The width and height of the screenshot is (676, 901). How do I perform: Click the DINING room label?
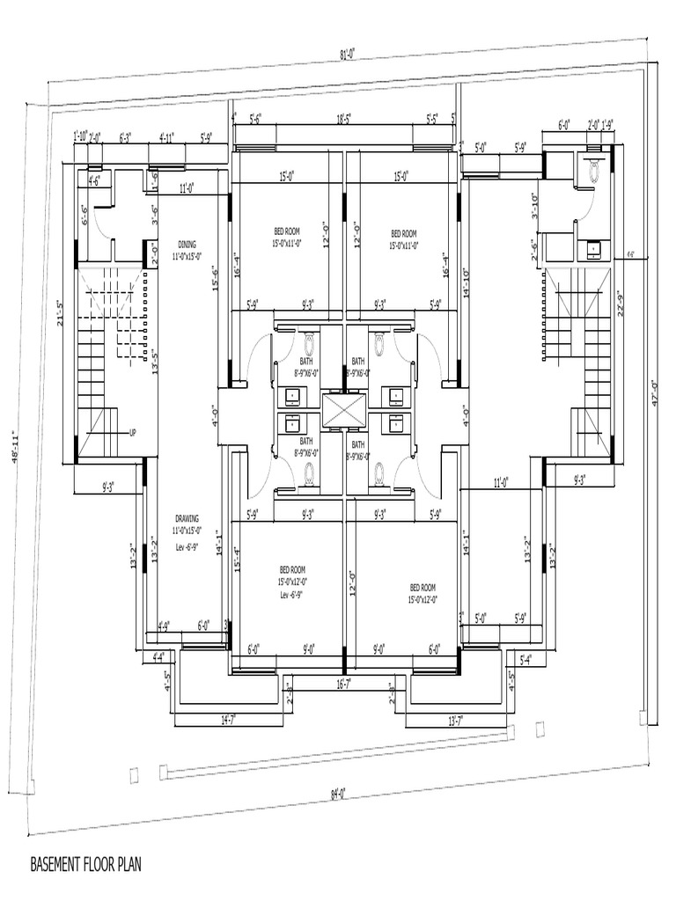(x=187, y=245)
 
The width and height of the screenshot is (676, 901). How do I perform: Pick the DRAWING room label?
(x=187, y=519)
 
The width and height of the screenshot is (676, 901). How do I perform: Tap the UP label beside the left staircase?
(x=133, y=433)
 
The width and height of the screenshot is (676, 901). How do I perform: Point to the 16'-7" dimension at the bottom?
(x=344, y=682)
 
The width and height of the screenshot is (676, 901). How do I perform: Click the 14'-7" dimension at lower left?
(x=229, y=720)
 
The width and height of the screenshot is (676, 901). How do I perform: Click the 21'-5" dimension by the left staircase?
(x=62, y=314)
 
